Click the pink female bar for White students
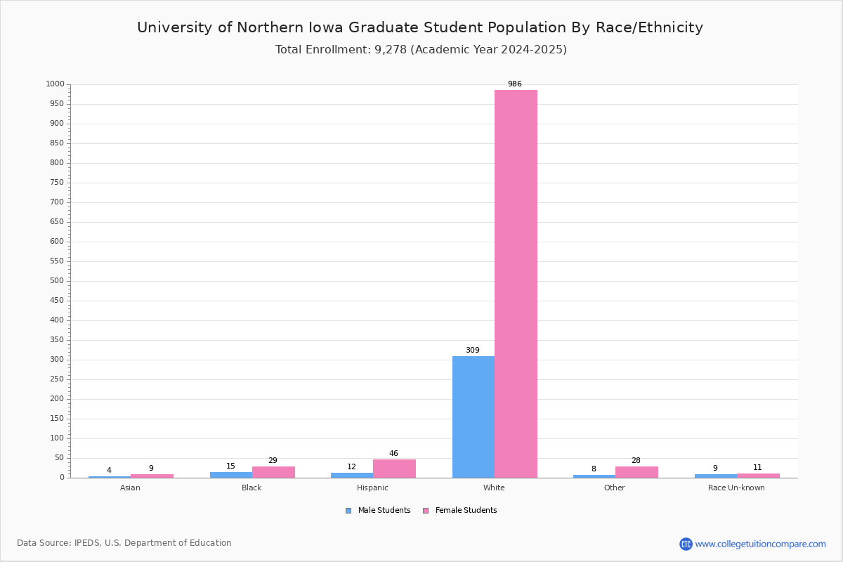tap(516, 284)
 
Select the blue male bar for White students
tap(473, 417)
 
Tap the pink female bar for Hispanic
tap(394, 469)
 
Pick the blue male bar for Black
tap(231, 475)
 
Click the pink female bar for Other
tap(636, 472)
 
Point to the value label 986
tap(515, 84)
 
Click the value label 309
tap(473, 350)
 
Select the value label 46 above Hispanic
tap(393, 453)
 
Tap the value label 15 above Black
tap(230, 466)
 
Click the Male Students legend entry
tap(378, 511)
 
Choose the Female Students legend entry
tap(460, 511)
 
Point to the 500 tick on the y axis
tap(57, 281)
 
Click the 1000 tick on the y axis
tap(55, 84)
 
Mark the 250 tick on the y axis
tap(57, 379)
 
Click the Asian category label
tap(130, 488)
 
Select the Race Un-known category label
tap(736, 488)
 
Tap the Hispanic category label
tap(372, 488)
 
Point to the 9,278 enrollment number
tap(391, 50)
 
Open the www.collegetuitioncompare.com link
tap(760, 544)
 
